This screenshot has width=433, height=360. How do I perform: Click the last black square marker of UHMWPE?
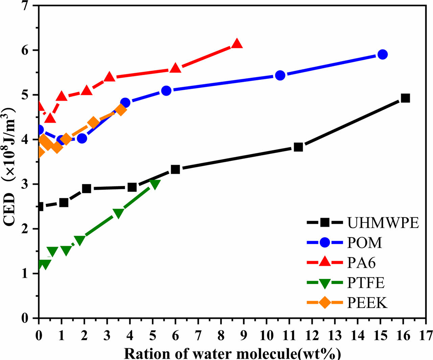point(405,98)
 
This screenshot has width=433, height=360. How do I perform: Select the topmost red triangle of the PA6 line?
point(237,44)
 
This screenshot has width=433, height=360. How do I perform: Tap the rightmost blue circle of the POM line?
point(382,55)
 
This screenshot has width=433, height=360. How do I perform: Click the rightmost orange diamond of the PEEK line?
point(121,110)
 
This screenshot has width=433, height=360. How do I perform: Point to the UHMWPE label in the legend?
point(383,223)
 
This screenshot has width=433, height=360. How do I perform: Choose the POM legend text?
point(364,243)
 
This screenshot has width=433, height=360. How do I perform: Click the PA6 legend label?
point(361,263)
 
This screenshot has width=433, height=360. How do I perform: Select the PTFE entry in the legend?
point(366,283)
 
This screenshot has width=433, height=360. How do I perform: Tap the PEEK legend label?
point(367,303)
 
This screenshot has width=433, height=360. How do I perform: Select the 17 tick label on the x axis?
point(426,335)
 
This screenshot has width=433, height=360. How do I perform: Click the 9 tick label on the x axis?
point(244,335)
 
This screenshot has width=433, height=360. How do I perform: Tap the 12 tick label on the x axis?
point(312,335)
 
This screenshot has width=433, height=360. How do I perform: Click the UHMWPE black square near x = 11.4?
point(298,147)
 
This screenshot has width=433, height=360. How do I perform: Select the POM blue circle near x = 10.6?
point(280,76)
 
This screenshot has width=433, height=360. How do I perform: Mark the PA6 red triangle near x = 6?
point(176,68)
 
